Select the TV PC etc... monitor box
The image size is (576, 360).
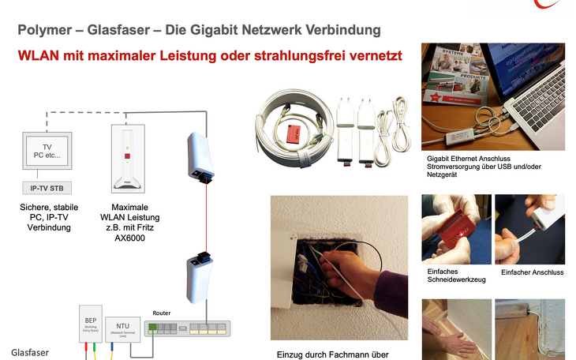pos(45,150)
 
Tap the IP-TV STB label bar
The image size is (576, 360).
pos(45,189)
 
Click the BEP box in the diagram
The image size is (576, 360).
pos(89,324)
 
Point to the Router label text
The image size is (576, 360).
pos(161,313)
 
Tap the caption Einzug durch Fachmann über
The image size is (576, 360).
pos(332,354)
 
